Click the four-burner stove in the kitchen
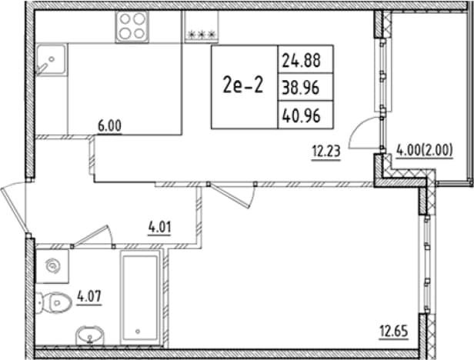(x=132, y=27)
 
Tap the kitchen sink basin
(x=51, y=59)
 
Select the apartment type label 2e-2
(x=243, y=85)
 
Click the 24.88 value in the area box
(x=301, y=60)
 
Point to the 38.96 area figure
(x=300, y=88)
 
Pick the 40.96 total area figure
(x=301, y=115)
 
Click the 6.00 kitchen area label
(x=109, y=125)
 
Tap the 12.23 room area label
(x=326, y=152)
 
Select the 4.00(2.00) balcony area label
(x=425, y=150)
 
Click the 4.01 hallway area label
(x=159, y=227)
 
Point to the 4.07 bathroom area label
(x=89, y=296)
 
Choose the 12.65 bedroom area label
(x=394, y=332)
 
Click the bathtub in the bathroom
(x=141, y=298)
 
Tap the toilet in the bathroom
(x=54, y=302)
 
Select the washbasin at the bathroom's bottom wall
(x=89, y=335)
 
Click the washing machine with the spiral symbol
(x=52, y=266)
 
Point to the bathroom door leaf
(x=91, y=235)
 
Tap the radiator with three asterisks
(x=202, y=27)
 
